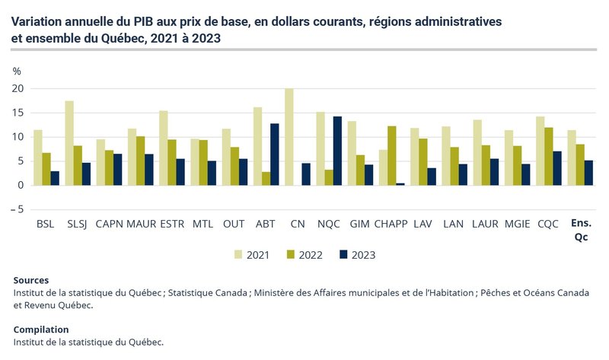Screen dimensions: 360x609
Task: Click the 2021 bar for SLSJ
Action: pos(69,143)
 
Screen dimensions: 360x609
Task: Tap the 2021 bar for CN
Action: pos(289,137)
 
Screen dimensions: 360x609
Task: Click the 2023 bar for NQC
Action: pos(337,151)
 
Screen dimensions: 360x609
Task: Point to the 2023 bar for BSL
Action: pos(56,178)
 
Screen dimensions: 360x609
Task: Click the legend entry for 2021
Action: pos(254,255)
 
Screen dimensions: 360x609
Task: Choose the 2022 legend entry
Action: pos(304,255)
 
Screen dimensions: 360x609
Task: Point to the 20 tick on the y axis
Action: pos(18,88)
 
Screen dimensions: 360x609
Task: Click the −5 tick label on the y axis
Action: pos(17,209)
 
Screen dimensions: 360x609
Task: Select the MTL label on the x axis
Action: pos(203,225)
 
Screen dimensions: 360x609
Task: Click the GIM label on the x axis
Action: pos(359,225)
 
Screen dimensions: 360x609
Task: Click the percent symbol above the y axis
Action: pos(17,71)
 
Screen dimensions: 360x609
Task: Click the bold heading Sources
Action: pos(31,281)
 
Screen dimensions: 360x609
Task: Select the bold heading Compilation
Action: pos(41,330)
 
